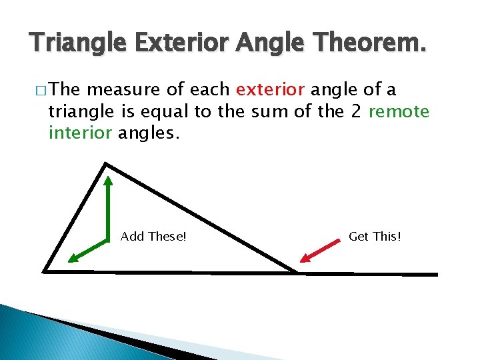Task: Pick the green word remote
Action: tap(399, 111)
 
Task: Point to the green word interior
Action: tap(80, 133)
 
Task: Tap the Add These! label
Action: tap(153, 237)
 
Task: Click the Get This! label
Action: tap(375, 237)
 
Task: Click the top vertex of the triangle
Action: tap(106, 163)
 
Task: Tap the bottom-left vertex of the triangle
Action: tap(44, 271)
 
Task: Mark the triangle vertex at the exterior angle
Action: tap(297, 272)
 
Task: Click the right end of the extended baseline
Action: tap(437, 274)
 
